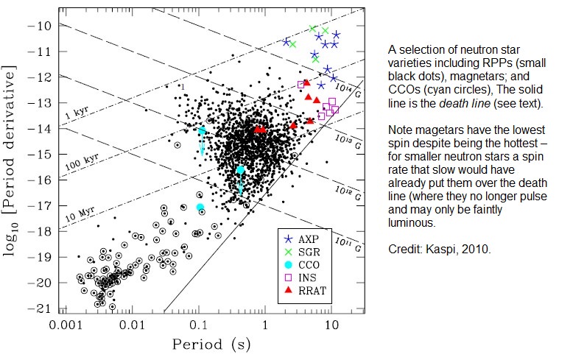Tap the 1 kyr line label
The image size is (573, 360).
point(76,116)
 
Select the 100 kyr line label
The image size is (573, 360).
point(79,163)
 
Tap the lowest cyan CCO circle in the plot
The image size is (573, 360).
point(200,207)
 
